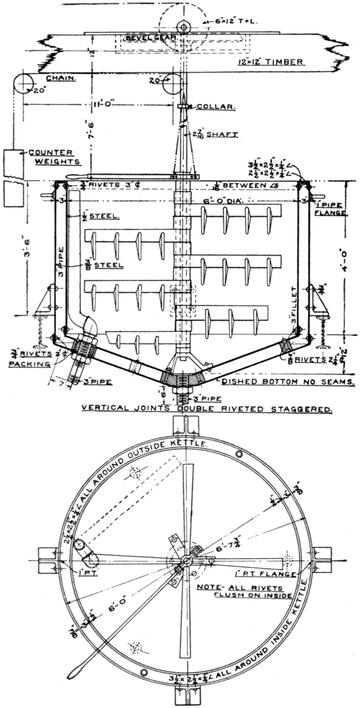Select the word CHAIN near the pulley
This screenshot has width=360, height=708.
pos(61,78)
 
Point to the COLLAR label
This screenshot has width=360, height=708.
pos(216,107)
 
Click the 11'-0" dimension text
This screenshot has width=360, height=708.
pos(96,105)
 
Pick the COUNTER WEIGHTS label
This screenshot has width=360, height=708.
pos(54,157)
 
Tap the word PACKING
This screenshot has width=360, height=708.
pos(30,364)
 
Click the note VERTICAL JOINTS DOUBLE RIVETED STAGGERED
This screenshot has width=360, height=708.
pos(207,409)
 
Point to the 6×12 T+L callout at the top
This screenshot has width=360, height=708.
pos(236,21)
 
